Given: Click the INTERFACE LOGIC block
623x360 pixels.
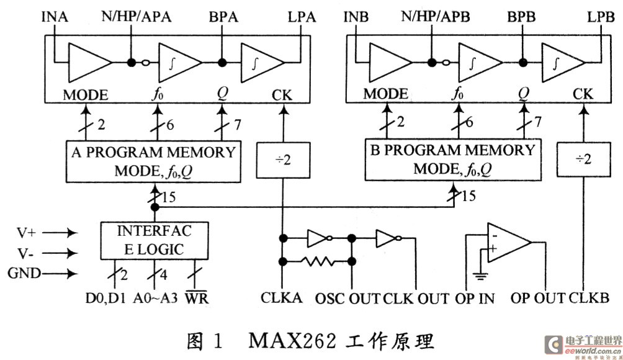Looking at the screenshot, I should (155, 241).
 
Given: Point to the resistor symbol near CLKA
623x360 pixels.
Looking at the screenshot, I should (317, 261).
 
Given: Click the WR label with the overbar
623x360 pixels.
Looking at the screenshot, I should (200, 298).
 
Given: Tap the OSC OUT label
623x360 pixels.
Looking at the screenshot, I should (348, 298).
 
